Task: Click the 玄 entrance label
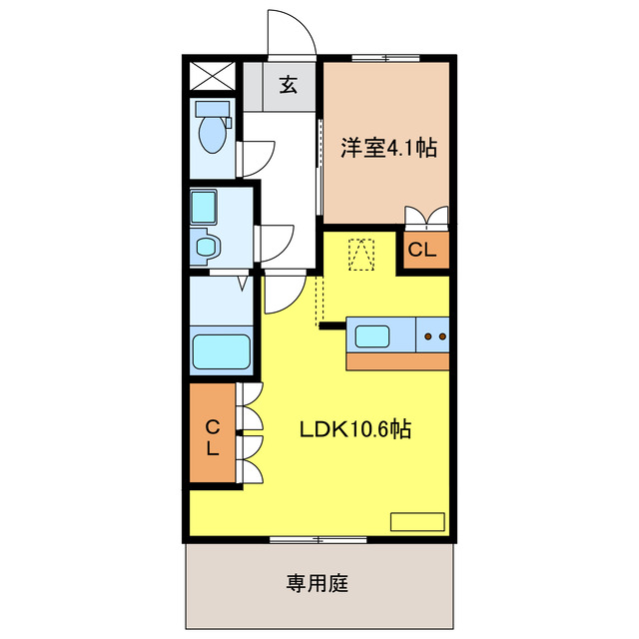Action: pos(288,85)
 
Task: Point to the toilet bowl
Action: pos(211,135)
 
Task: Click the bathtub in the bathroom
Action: pos(221,351)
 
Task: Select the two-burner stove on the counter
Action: pos(435,336)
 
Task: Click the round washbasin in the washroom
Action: pos(206,246)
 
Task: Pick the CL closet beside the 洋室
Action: pos(423,251)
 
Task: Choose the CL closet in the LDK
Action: pos(213,437)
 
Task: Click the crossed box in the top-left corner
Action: pos(211,76)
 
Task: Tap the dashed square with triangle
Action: pos(360,254)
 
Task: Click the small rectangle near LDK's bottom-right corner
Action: pos(414,520)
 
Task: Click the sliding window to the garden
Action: pos(318,540)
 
